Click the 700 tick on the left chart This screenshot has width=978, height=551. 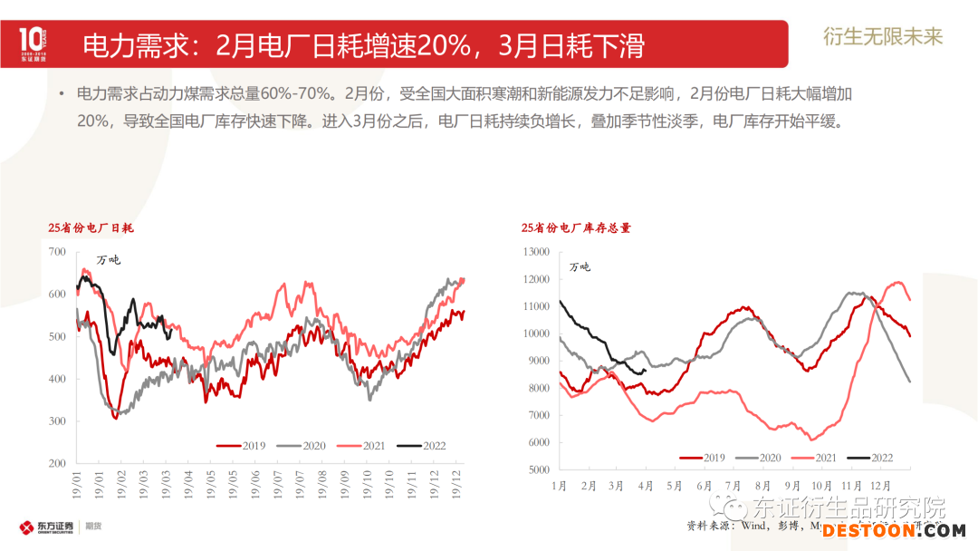[56, 252]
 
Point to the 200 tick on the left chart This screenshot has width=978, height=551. [56, 463]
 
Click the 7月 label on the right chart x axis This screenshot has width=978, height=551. [733, 487]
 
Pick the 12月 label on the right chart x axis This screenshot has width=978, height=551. [877, 487]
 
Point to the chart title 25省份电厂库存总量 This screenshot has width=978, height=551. [576, 228]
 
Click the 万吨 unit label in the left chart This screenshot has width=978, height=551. [108, 260]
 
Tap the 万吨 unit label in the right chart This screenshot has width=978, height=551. [580, 266]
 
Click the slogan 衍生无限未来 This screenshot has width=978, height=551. [882, 36]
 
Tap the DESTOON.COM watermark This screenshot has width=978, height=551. [893, 530]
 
